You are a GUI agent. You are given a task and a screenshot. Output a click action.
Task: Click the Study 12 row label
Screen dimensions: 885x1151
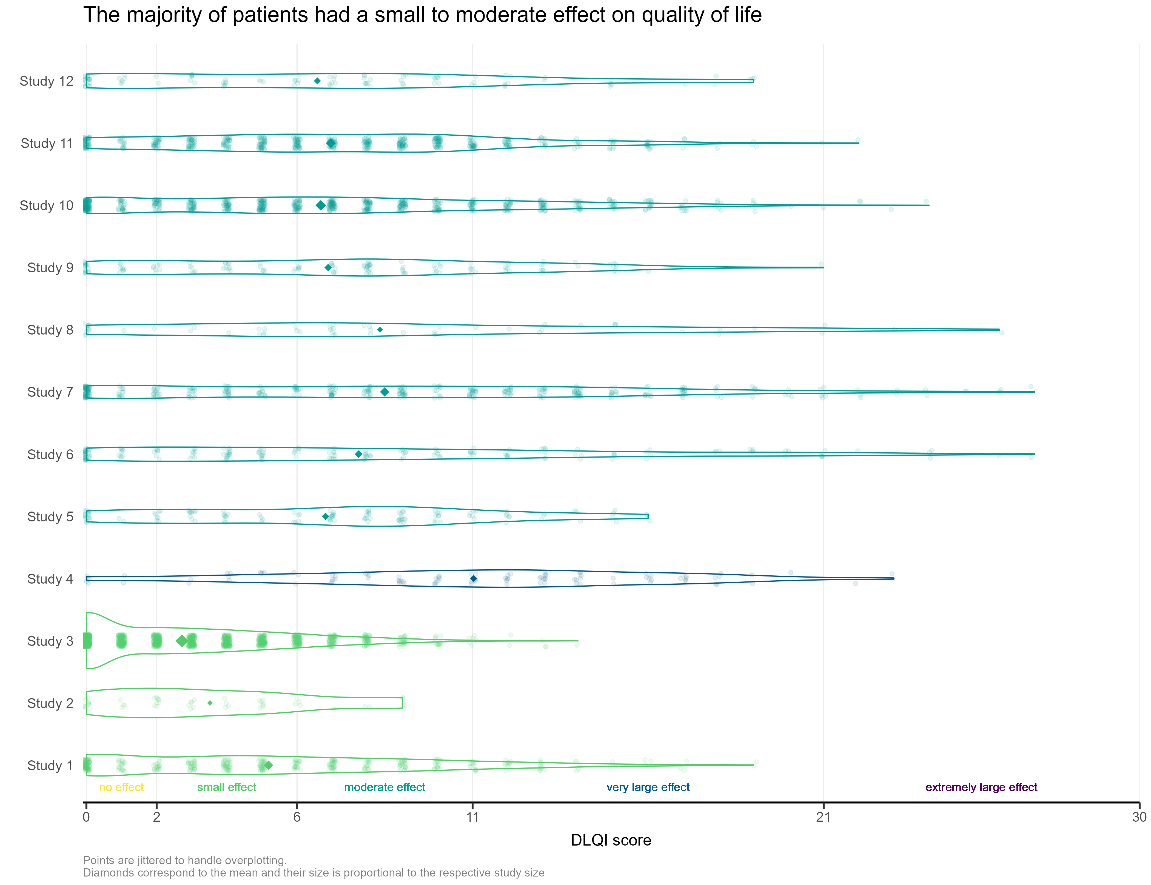(46, 81)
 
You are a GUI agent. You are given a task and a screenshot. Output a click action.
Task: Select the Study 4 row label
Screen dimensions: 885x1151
(50, 579)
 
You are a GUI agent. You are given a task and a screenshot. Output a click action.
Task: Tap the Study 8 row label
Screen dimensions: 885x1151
(50, 330)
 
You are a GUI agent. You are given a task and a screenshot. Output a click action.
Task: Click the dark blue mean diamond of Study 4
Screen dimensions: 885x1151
(474, 578)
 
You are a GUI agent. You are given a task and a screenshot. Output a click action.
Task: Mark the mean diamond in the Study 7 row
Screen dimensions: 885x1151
(384, 392)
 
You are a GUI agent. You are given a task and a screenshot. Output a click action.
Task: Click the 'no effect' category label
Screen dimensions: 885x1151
(121, 787)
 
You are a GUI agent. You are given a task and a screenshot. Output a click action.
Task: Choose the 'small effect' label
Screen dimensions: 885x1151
(227, 787)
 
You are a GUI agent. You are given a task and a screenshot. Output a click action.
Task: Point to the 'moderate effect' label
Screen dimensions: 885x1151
(384, 787)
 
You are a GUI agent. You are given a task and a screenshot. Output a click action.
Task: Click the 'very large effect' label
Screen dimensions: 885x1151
(648, 787)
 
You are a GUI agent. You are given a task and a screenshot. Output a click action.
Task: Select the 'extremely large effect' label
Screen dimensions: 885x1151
(981, 787)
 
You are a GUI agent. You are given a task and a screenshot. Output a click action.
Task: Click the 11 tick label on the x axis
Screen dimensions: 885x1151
(472, 817)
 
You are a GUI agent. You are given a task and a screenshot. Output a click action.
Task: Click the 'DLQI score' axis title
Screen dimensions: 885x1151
(611, 840)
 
